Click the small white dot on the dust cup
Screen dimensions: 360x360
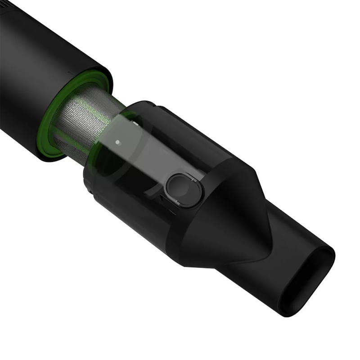click(118, 142)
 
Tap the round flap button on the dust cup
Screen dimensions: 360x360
click(183, 189)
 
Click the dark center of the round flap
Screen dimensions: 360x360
click(180, 190)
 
